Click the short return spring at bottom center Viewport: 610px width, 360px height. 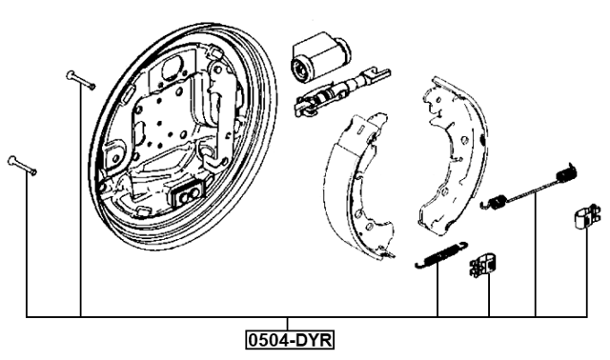(439, 254)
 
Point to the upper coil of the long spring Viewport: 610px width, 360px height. (567, 173)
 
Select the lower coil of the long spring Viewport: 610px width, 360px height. (495, 201)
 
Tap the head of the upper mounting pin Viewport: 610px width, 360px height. (70, 74)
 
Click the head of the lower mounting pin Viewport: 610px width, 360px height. (12, 159)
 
